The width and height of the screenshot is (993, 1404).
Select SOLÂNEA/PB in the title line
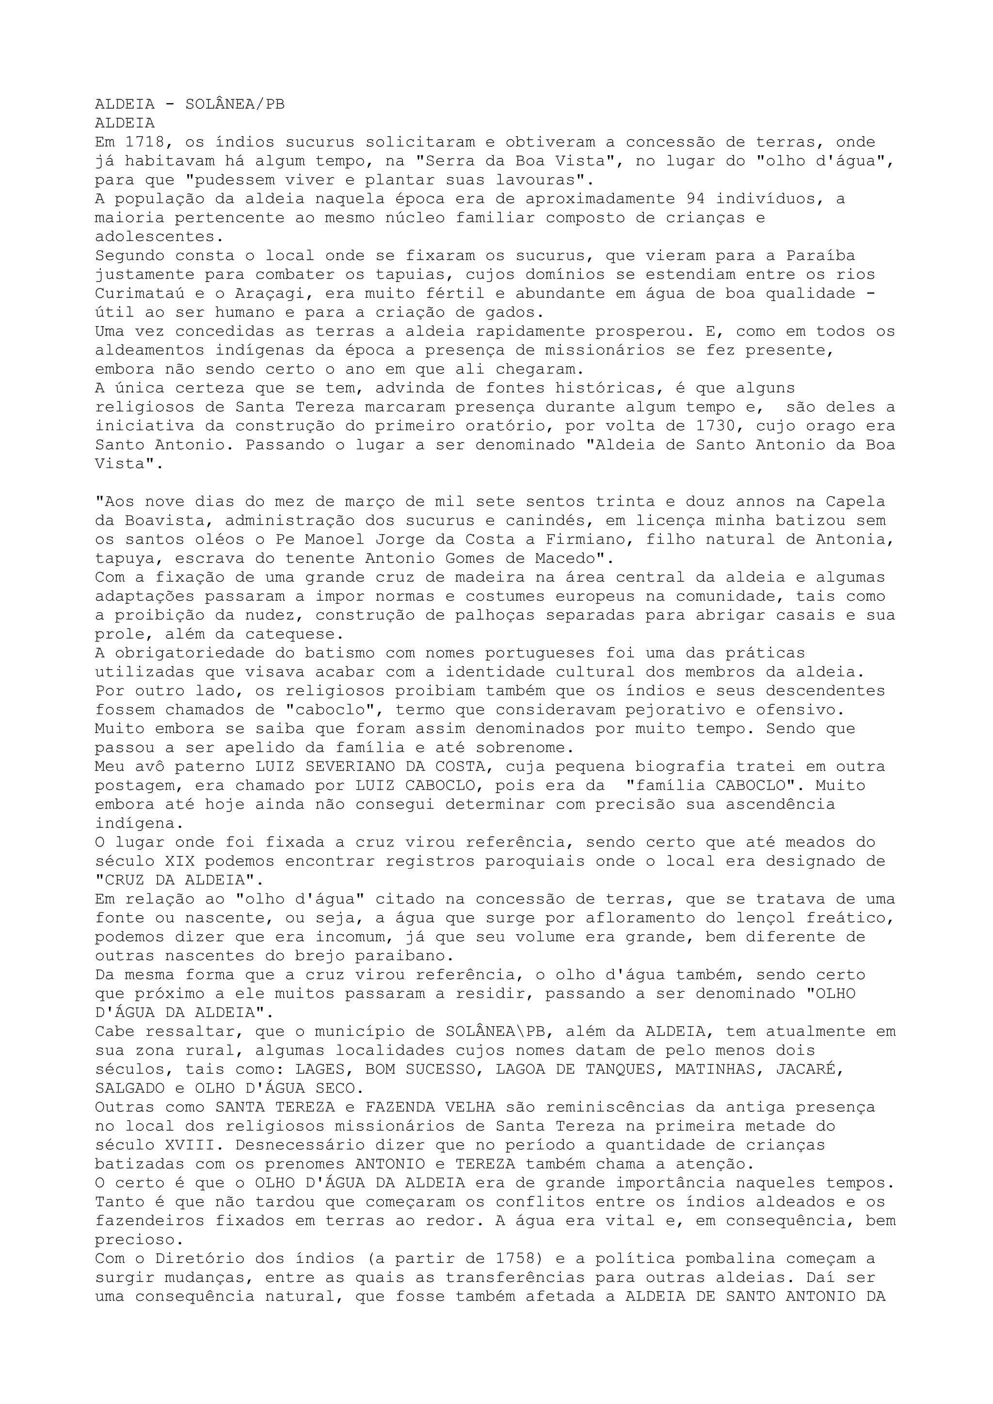click(235, 105)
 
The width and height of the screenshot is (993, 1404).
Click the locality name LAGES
click(320, 1070)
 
